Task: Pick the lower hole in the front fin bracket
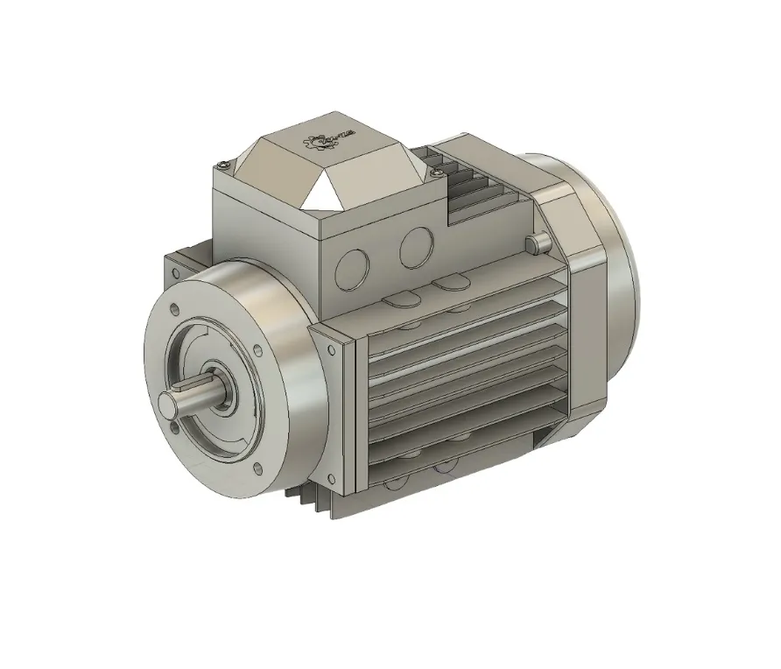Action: point(331,477)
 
